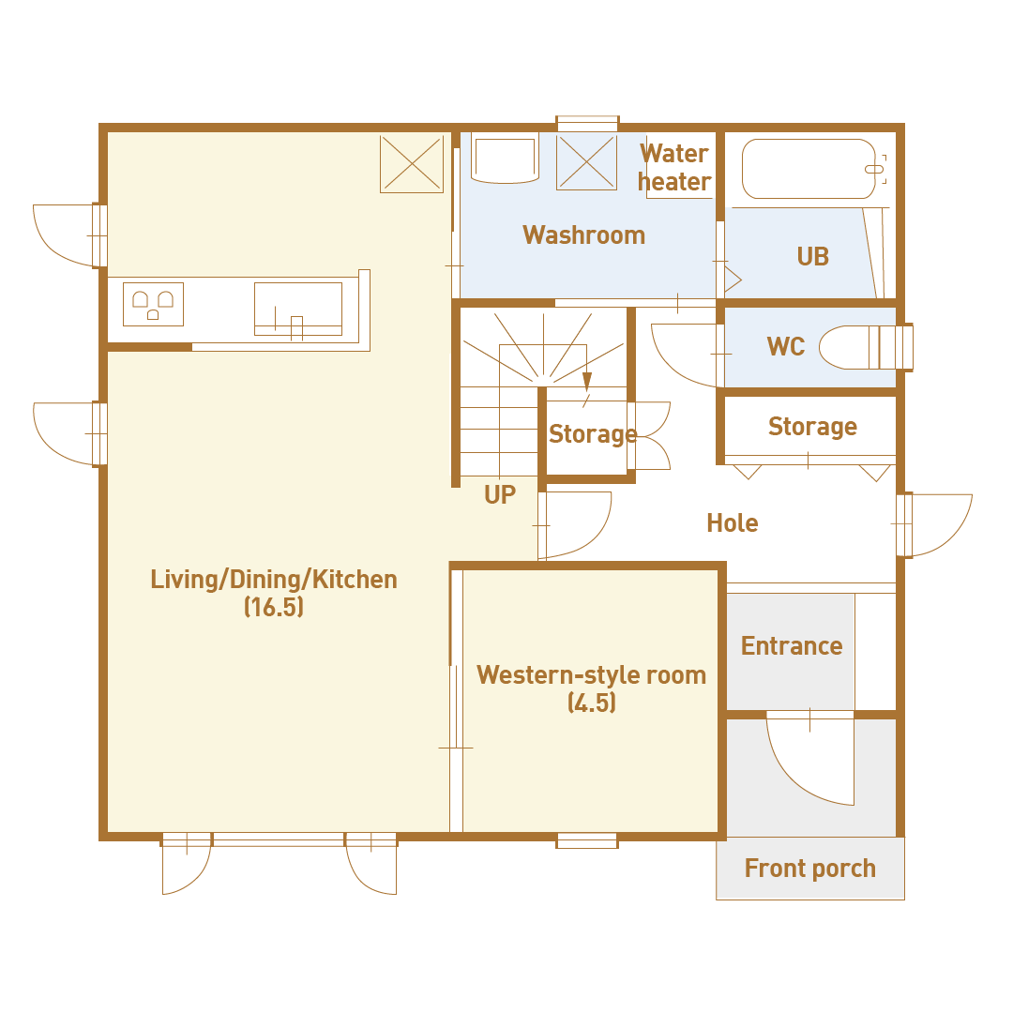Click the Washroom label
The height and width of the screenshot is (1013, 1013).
tap(584, 235)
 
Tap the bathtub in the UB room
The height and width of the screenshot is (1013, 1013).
tap(809, 169)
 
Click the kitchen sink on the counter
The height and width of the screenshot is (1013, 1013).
tap(298, 309)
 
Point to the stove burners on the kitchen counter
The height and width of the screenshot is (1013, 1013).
tap(153, 304)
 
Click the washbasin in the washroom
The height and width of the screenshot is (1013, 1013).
tap(505, 159)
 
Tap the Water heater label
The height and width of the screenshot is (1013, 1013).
tap(674, 168)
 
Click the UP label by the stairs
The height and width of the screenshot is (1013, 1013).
tap(499, 495)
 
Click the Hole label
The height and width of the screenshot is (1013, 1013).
tap(732, 523)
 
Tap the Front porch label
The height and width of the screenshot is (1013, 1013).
tap(810, 869)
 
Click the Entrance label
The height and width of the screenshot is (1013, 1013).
tap(792, 646)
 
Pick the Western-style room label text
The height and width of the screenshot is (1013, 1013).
tap(591, 675)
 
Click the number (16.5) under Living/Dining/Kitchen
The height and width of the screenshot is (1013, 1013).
tap(274, 607)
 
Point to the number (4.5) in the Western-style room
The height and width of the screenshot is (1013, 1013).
tap(592, 703)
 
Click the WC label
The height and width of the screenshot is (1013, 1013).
tap(786, 347)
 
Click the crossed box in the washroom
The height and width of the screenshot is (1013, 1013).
tap(586, 162)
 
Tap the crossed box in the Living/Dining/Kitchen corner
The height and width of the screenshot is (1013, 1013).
tap(412, 163)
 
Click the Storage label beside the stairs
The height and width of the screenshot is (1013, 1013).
tap(593, 434)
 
